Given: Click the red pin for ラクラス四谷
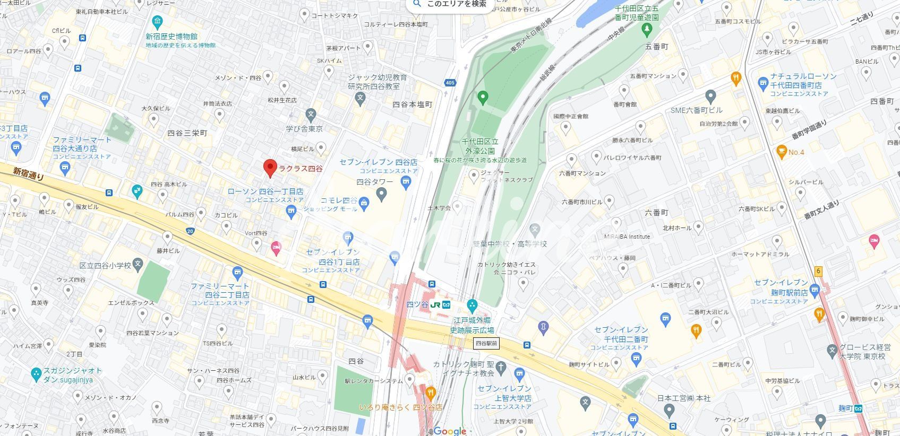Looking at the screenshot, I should pyautogui.click(x=270, y=168).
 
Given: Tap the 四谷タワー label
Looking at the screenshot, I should pyautogui.click(x=375, y=182).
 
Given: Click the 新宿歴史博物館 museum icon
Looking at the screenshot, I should pyautogui.click(x=157, y=23).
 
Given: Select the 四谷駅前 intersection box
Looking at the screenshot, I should pyautogui.click(x=486, y=344).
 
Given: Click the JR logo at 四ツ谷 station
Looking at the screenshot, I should pyautogui.click(x=435, y=305).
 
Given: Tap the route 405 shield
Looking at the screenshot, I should pyautogui.click(x=450, y=83).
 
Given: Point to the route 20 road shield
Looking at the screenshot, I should pyautogui.click(x=190, y=231).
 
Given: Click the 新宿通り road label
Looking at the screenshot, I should pyautogui.click(x=29, y=174).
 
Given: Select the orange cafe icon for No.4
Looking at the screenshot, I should pyautogui.click(x=781, y=152).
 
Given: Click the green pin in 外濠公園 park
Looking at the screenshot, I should pyautogui.click(x=482, y=97).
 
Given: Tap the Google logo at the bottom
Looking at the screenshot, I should pyautogui.click(x=450, y=431).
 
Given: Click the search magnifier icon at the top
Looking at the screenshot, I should pyautogui.click(x=417, y=4).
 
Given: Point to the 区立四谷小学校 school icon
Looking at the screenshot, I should pyautogui.click(x=138, y=264).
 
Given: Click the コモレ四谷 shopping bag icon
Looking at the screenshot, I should pyautogui.click(x=364, y=202).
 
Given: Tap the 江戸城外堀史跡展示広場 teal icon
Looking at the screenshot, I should pyautogui.click(x=472, y=306).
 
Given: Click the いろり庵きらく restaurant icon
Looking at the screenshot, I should pyautogui.click(x=431, y=394).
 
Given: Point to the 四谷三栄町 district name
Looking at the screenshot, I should pyautogui.click(x=187, y=133).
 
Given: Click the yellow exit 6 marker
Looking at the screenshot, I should pyautogui.click(x=818, y=271).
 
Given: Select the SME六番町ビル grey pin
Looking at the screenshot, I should pyautogui.click(x=710, y=97).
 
